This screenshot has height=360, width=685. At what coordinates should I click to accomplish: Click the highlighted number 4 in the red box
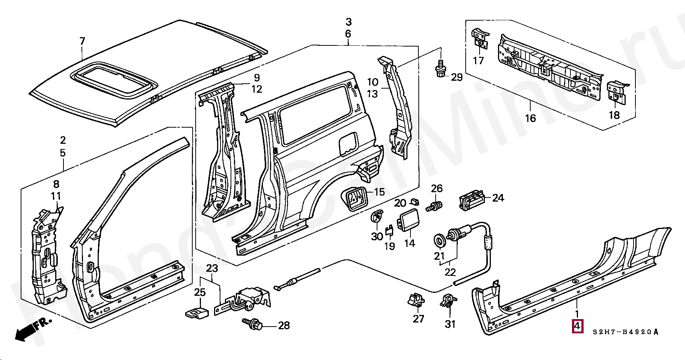click(x=577, y=327)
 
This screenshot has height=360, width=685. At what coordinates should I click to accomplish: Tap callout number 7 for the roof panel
click(x=82, y=41)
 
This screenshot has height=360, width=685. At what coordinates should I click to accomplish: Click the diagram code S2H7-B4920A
click(x=626, y=332)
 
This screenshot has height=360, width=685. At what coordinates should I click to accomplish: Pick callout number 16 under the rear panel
click(x=530, y=118)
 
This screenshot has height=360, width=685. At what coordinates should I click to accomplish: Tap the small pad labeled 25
click(x=196, y=313)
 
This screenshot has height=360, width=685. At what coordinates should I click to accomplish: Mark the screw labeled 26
click(x=436, y=206)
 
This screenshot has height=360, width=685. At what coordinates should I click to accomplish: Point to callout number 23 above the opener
click(x=212, y=268)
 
